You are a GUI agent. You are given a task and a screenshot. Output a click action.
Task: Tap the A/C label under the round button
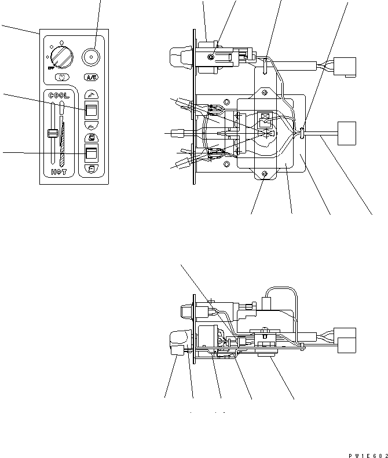[90, 77]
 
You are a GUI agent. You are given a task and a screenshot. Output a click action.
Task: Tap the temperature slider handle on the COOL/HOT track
[52, 134]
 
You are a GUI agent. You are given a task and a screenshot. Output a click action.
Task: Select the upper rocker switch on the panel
[90, 109]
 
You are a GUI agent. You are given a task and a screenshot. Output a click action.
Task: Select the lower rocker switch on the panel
[90, 153]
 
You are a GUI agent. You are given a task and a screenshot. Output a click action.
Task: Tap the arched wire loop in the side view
[281, 293]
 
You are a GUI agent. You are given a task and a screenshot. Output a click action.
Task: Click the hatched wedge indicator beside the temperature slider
[62, 138]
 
